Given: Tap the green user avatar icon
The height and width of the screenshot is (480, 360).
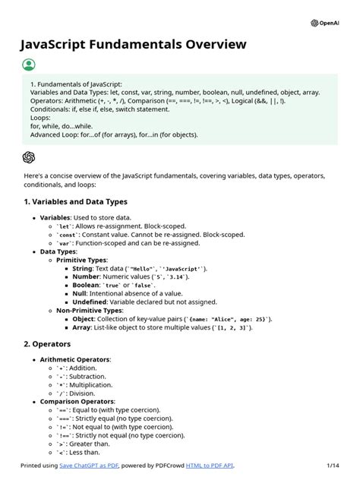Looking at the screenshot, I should [x=29, y=65].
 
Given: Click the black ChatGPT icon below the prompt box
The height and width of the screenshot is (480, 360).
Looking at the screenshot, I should [x=29, y=157].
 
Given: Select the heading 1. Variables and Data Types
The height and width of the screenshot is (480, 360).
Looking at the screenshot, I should [x=75, y=202].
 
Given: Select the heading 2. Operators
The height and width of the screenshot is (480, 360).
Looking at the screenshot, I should [x=49, y=344].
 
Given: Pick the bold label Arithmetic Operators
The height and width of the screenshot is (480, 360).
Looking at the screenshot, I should [x=75, y=359].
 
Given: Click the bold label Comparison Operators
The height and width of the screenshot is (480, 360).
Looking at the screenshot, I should [x=77, y=401].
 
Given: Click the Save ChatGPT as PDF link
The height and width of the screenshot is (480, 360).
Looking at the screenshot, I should [x=95, y=465].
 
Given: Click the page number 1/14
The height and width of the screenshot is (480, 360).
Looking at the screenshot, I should [x=333, y=465].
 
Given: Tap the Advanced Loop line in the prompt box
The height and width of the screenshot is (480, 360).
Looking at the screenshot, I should [x=114, y=135].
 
